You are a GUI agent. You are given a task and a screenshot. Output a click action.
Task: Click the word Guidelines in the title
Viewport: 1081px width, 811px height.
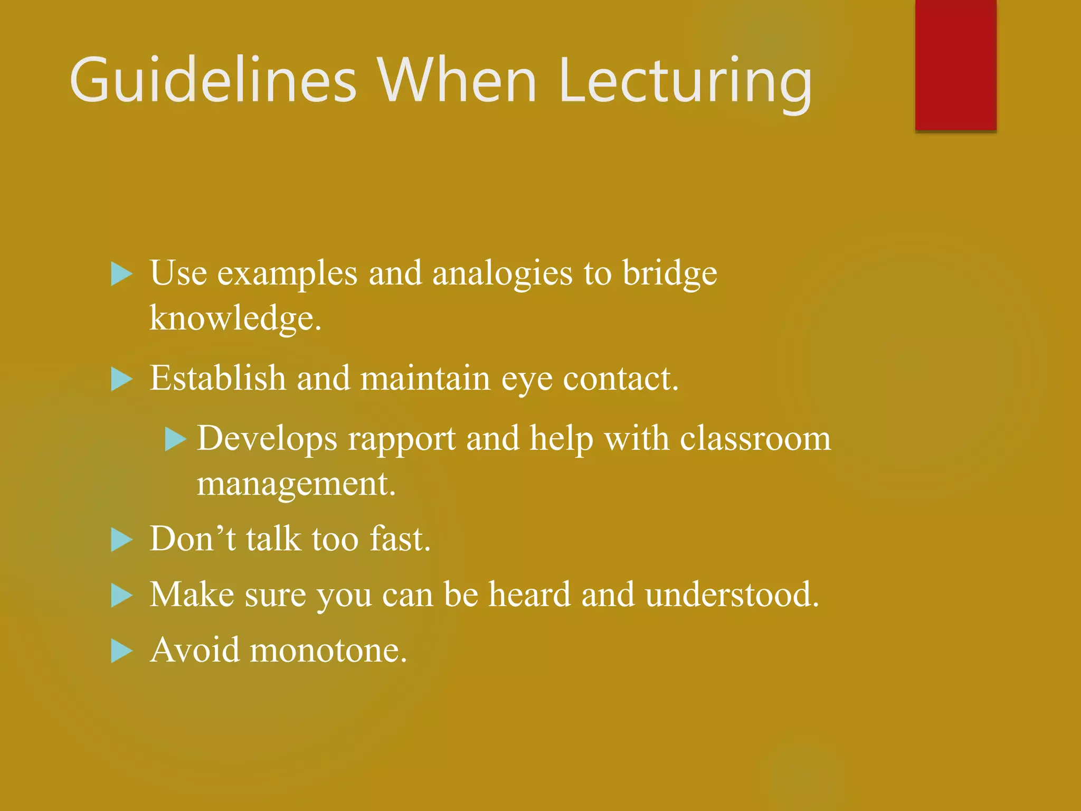213,81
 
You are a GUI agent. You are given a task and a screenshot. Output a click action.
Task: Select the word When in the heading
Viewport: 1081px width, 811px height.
456,81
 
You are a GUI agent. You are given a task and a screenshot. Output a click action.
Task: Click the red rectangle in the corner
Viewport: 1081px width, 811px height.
955,64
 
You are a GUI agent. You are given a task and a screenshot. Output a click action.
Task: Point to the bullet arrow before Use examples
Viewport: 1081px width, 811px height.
121,275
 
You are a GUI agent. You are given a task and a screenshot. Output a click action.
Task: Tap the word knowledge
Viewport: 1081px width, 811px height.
235,318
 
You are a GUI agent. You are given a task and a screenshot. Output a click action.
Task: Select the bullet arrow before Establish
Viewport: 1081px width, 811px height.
121,380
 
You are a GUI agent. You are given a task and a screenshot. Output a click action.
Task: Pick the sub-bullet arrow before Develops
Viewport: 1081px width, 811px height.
175,439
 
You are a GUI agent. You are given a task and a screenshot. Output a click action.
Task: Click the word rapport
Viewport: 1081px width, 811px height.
402,439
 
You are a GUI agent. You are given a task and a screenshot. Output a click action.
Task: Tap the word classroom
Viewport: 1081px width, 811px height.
755,438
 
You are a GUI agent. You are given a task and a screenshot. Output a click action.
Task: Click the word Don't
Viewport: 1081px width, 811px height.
193,539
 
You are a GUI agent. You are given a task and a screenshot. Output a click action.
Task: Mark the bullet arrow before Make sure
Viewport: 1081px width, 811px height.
121,596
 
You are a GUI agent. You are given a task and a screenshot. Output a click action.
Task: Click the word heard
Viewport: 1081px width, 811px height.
530,595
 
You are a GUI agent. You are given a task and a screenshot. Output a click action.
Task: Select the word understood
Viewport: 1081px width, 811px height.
732,595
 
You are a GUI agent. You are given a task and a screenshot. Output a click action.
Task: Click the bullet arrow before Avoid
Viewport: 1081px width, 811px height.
121,651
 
